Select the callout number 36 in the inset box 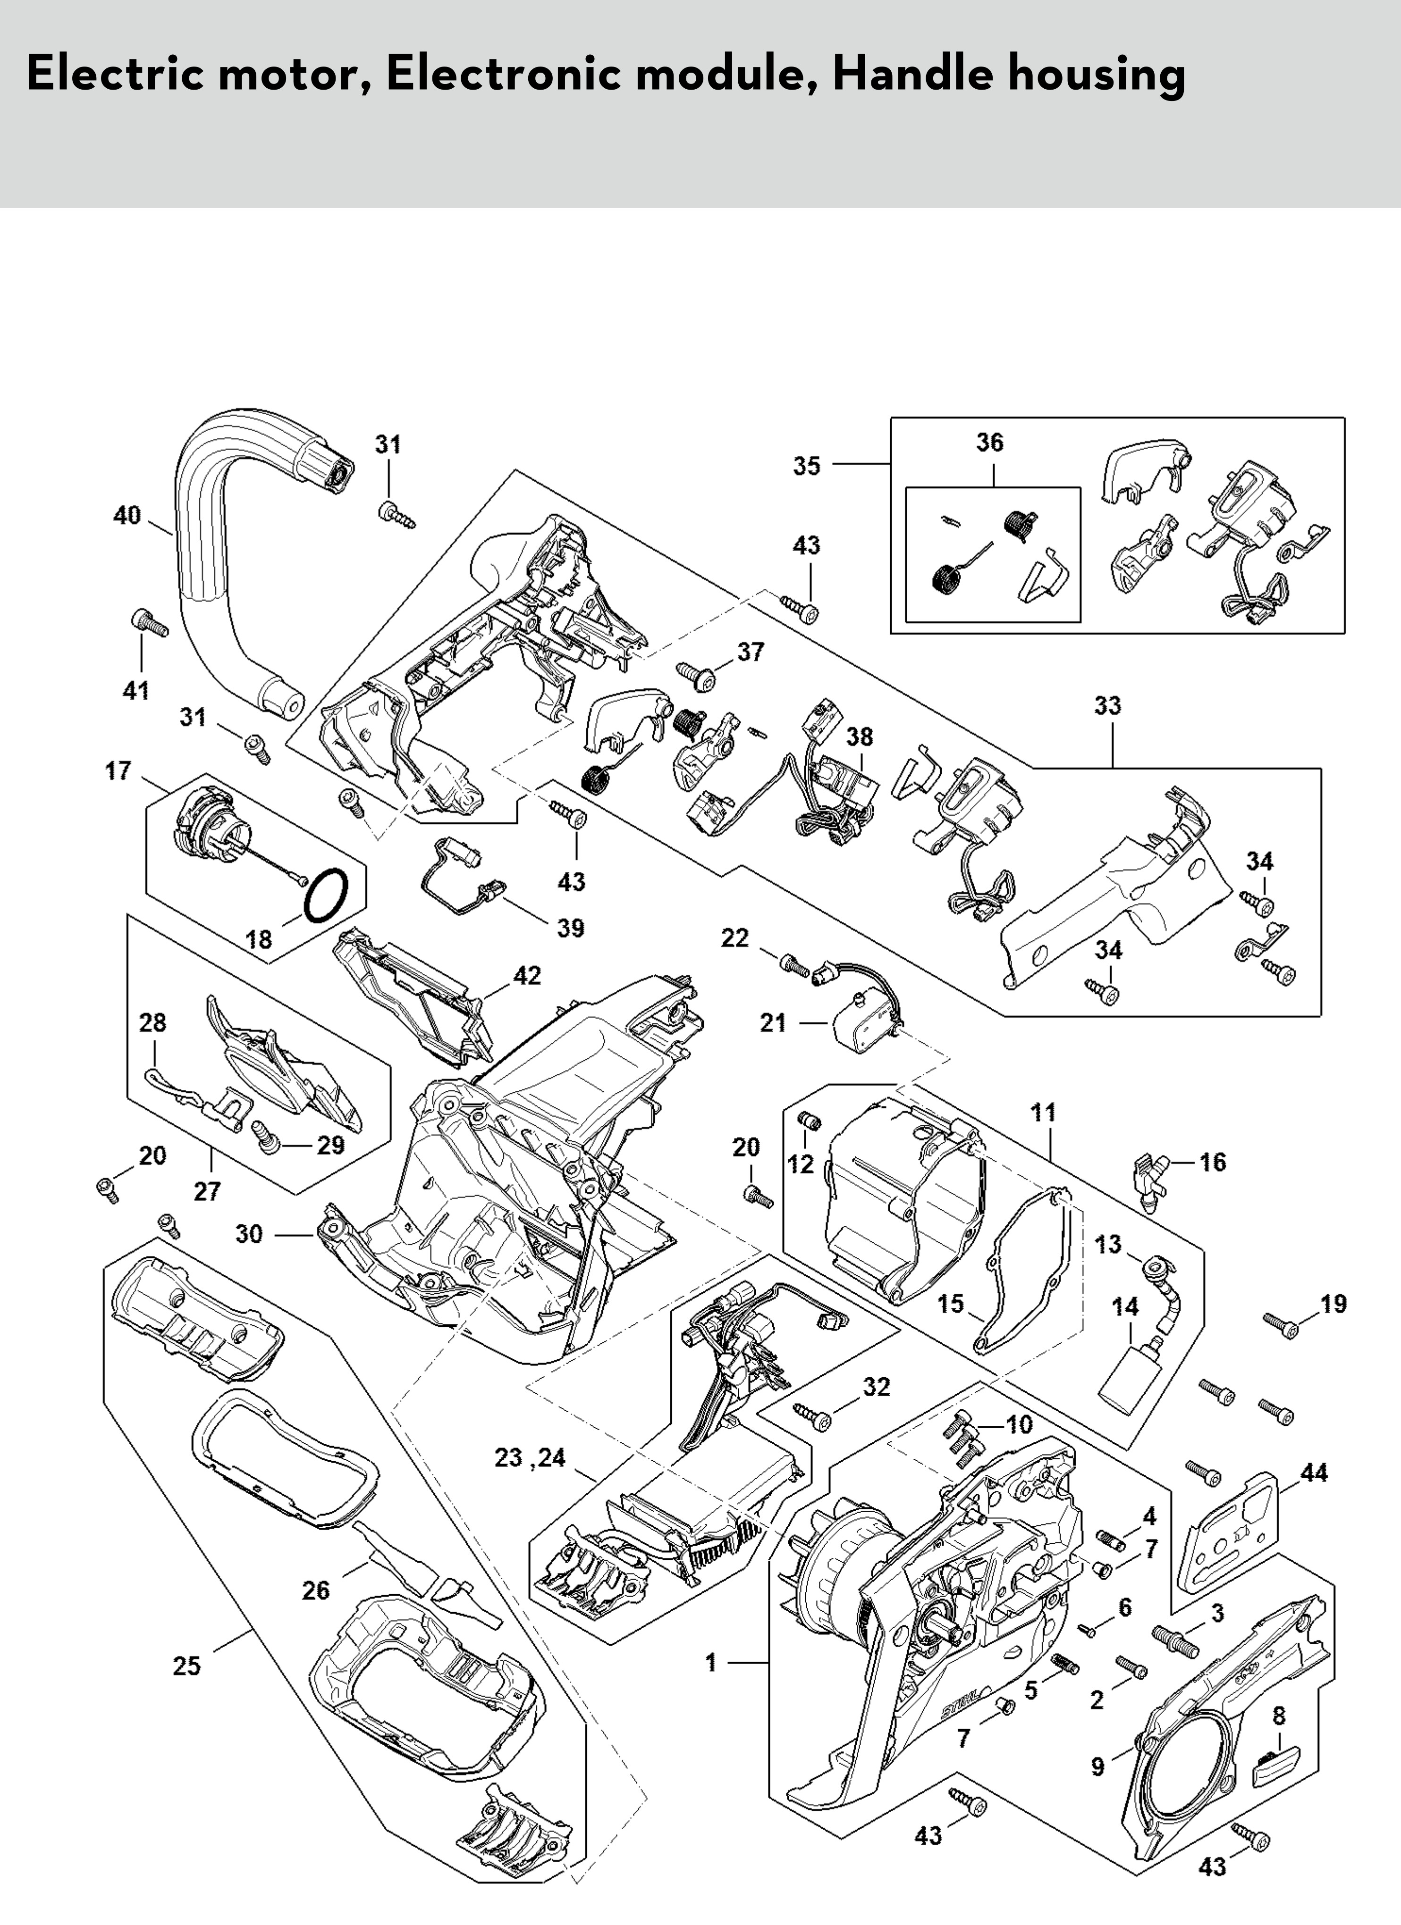point(990,442)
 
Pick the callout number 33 point(1107,705)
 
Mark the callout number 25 point(187,1666)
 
